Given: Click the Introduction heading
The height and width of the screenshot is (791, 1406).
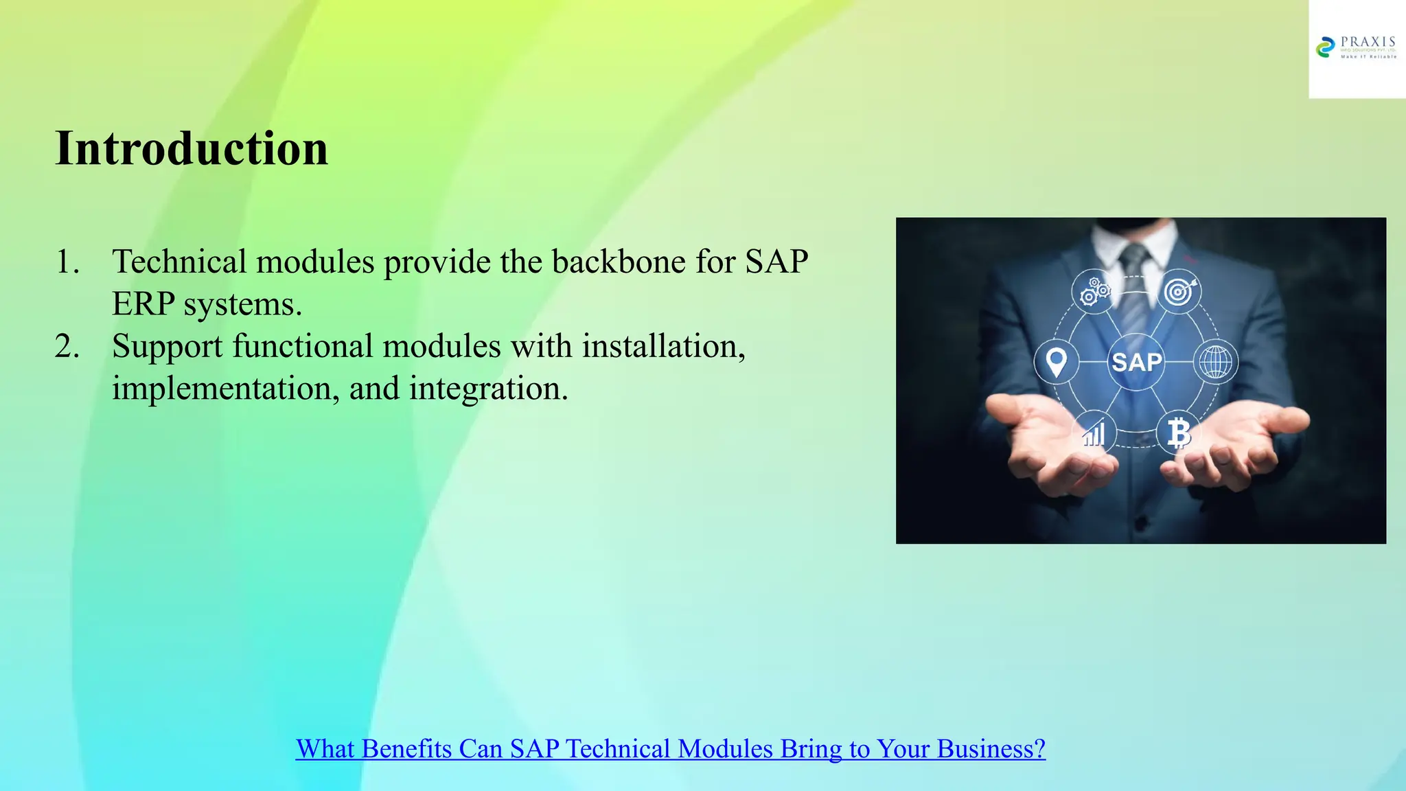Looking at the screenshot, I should click(192, 148).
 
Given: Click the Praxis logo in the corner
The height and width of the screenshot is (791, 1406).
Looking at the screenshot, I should click(1356, 48).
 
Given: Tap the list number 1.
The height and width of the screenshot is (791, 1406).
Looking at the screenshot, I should click(67, 262).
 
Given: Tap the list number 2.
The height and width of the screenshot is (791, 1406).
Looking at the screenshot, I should click(67, 347).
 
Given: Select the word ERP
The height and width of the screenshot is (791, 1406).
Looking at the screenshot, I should click(143, 304).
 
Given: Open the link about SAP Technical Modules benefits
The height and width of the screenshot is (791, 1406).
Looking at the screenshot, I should click(670, 748).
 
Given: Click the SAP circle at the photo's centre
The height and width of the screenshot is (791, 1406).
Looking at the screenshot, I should click(1136, 362).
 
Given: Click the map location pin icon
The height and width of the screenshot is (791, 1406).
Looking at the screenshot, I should click(1056, 361).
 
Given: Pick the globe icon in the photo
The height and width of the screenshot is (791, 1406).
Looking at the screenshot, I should click(1215, 362).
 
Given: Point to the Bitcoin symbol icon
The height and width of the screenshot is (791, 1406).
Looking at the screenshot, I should click(1179, 433).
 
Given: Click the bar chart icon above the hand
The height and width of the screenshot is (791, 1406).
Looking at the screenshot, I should click(1094, 433).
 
